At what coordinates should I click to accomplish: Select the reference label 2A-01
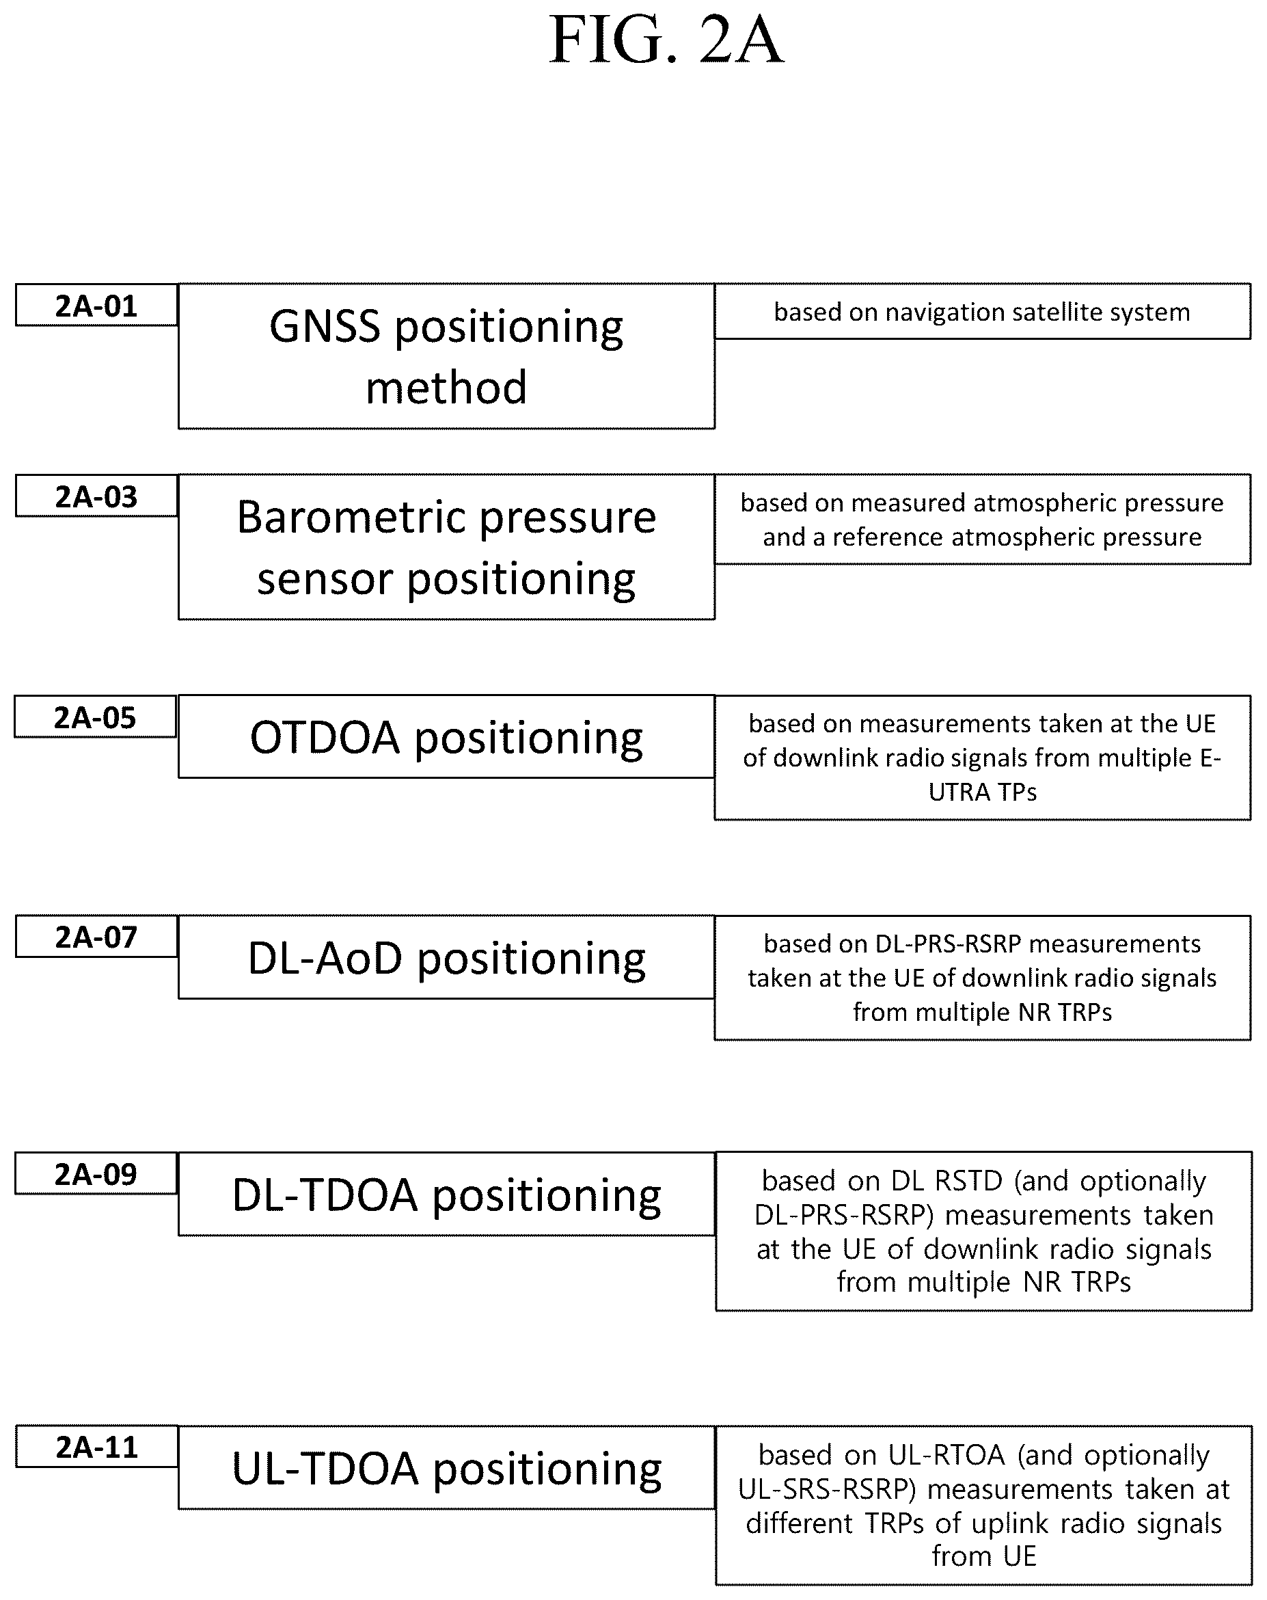click(96, 306)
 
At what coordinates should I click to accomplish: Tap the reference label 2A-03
click(96, 496)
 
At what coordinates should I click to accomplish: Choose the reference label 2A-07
click(96, 937)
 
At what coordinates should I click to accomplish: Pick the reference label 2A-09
click(96, 1174)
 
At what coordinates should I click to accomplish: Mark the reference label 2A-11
click(97, 1447)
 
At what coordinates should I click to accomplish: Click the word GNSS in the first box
click(325, 327)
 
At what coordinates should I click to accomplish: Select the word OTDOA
click(325, 738)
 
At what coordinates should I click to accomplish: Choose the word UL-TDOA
click(326, 1468)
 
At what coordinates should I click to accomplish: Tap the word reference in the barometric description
click(887, 537)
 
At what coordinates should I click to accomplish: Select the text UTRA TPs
click(983, 792)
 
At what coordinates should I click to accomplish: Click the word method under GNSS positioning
click(446, 388)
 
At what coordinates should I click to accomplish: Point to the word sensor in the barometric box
click(325, 580)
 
